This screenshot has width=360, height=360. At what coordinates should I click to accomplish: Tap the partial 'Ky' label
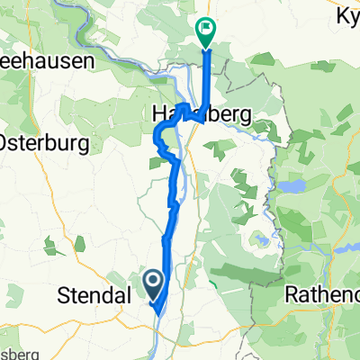[x=346, y=15]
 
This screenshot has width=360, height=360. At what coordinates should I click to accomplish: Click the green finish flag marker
[x=206, y=31]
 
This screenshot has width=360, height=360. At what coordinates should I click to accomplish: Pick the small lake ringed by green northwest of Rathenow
[x=264, y=241]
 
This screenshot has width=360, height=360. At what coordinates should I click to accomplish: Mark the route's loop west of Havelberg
[x=163, y=139]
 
